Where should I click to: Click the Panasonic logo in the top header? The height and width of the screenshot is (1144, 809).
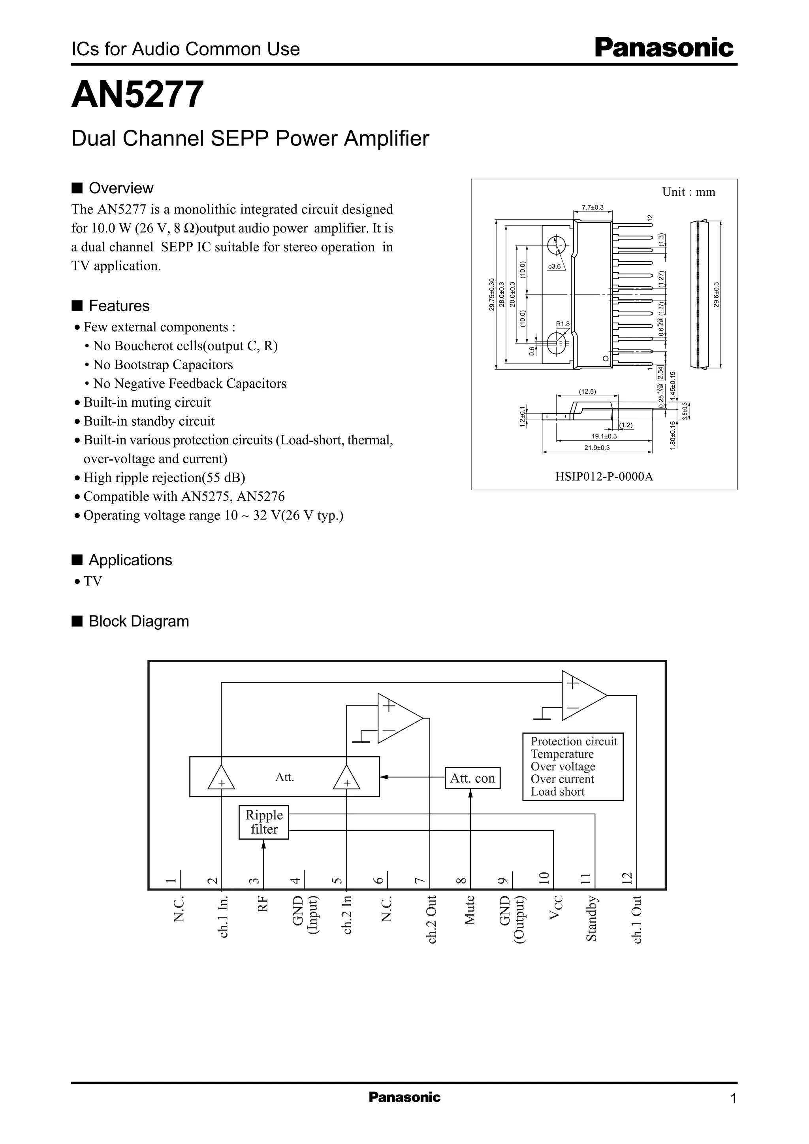tap(664, 48)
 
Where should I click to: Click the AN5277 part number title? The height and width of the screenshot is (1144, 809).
tap(137, 95)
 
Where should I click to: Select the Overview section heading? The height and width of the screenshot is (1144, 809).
tap(120, 189)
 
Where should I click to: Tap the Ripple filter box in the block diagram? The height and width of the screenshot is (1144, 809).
tap(263, 822)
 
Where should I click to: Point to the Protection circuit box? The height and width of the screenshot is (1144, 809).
tap(572, 766)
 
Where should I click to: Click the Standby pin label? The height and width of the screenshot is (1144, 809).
tap(591, 918)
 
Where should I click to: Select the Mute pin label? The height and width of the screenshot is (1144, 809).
tap(469, 910)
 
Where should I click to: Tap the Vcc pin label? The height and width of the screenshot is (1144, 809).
tap(555, 908)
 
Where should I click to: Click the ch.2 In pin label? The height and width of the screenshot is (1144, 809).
tap(347, 914)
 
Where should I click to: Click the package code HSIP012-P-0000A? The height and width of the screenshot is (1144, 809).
tap(604, 476)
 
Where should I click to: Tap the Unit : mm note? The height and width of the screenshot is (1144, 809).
tap(688, 192)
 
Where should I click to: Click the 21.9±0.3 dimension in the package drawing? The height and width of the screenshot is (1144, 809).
tap(596, 447)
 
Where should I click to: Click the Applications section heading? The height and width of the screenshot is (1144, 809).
tap(130, 560)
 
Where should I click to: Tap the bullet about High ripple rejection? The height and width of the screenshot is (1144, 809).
tap(164, 478)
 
